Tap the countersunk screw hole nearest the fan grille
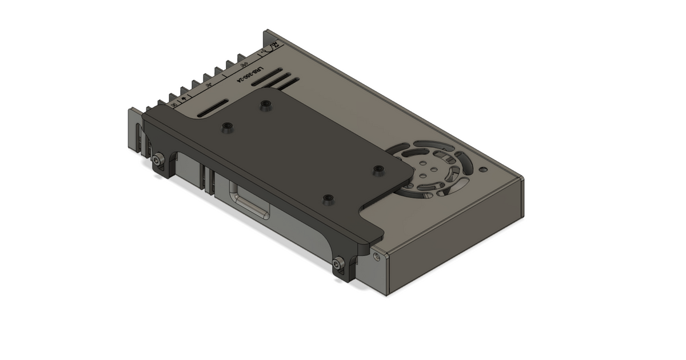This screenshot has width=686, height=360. (x=378, y=170)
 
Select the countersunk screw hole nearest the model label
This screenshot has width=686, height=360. (x=265, y=105)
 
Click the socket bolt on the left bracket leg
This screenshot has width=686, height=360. (x=158, y=162)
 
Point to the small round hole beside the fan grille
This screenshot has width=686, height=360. (x=484, y=170)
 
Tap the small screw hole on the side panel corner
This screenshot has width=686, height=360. (x=376, y=257)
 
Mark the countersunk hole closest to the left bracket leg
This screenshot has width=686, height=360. (x=228, y=127)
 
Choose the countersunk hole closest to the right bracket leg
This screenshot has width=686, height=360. (x=328, y=199)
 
